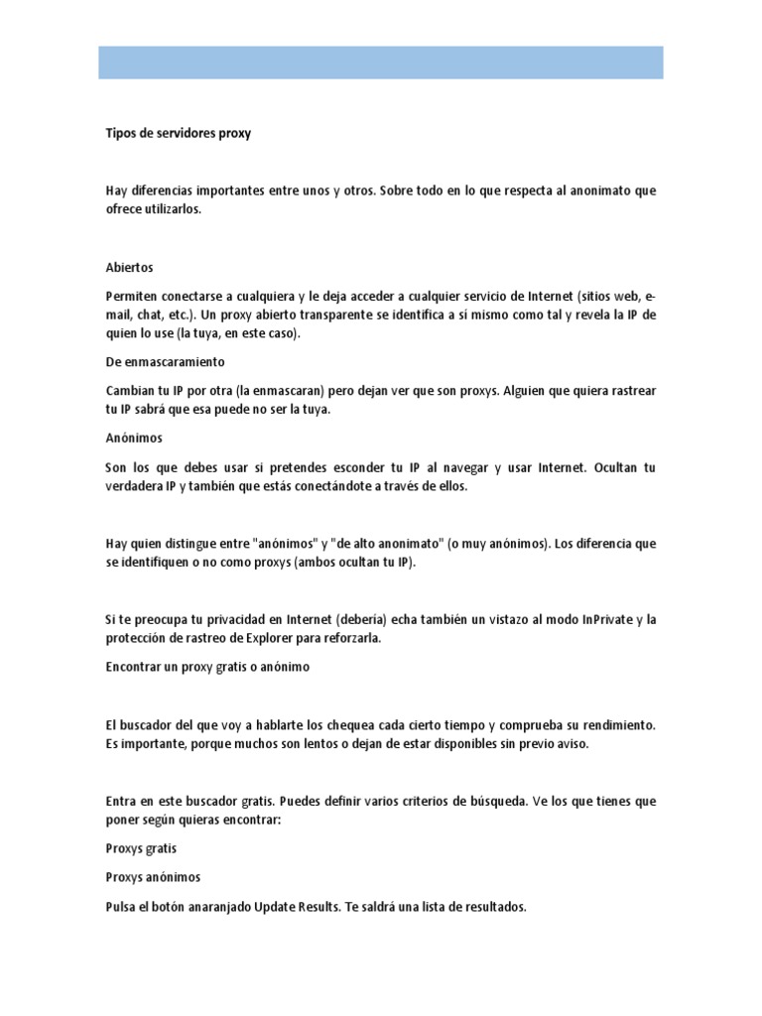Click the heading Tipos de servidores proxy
[x=179, y=133]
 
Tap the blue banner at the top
[x=381, y=62]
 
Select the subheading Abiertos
[x=129, y=268]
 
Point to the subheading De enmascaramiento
[x=166, y=362]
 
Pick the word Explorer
[x=262, y=638]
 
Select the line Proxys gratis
[x=142, y=849]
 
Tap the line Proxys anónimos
[x=153, y=878]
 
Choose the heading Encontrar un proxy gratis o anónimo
[x=207, y=667]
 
